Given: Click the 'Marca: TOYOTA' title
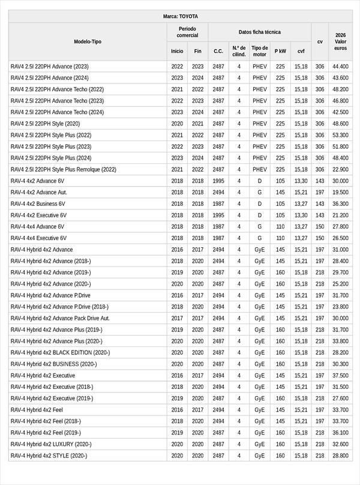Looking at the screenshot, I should (180, 16).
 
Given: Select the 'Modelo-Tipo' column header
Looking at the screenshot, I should (88, 41).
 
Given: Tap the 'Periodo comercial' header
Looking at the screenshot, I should (187, 32).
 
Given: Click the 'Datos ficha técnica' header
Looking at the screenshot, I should (259, 32).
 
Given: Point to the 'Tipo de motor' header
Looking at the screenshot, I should (260, 51).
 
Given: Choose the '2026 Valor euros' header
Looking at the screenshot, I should (340, 41).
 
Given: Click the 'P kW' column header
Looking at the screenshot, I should (280, 52).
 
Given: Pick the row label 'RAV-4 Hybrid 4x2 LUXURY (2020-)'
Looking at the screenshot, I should (51, 444).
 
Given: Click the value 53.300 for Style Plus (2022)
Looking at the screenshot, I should (340, 135).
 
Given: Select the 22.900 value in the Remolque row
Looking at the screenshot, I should (340, 169).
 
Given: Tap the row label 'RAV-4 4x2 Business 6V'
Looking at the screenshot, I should (38, 203).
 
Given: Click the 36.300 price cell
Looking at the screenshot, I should (340, 203).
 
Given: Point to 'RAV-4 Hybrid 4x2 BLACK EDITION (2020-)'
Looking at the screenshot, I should (60, 352).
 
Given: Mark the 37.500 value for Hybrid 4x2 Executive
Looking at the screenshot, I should (340, 375).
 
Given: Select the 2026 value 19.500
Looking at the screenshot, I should (340, 192).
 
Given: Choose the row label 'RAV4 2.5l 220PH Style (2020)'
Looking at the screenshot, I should (45, 124).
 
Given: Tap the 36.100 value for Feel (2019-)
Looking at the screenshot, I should (340, 433).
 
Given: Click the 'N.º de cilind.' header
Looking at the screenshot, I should (239, 51).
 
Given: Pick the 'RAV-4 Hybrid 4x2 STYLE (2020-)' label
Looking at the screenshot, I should (49, 456).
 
